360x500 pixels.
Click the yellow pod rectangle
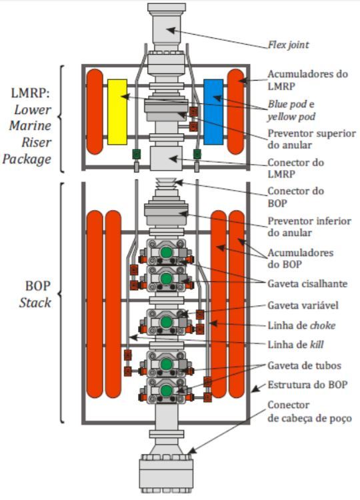click(117, 111)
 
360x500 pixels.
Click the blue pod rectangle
click(213, 111)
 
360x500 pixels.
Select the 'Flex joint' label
click(288, 45)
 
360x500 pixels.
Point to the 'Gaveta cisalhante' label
click(307, 283)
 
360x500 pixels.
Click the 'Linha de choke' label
click(301, 325)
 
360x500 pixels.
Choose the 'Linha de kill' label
click(295, 345)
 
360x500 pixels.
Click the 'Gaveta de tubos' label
click(304, 365)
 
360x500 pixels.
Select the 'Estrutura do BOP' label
click(307, 385)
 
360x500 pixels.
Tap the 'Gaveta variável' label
click(303, 305)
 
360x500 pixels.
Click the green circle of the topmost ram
click(166, 253)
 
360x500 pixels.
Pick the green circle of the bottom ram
click(166, 390)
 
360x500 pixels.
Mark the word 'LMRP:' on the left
click(31, 93)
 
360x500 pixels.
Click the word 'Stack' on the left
click(35, 303)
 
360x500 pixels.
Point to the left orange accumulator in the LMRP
click(95, 111)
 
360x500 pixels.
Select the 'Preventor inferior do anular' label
click(309, 227)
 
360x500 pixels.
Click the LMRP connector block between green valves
click(166, 158)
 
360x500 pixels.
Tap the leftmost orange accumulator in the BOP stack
click(95, 304)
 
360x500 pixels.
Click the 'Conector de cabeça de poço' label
click(309, 411)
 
